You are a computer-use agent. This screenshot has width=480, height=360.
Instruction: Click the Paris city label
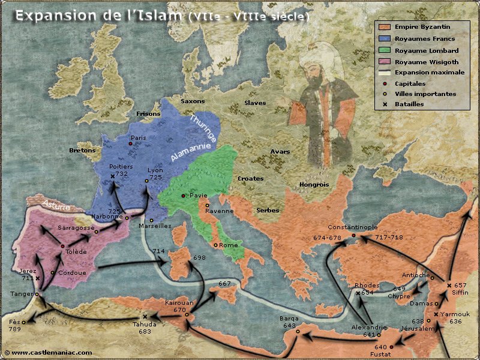pos(139,137)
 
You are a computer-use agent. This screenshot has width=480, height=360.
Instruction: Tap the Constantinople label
pos(352,227)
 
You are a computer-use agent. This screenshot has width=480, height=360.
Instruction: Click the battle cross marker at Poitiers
pos(113,176)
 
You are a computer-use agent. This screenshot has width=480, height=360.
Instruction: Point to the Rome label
pos(228,245)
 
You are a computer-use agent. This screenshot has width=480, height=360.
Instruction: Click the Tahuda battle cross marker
pos(145,316)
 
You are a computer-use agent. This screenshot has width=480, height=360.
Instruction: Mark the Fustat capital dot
pos(391,347)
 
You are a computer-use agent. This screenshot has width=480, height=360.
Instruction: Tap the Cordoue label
pos(70,272)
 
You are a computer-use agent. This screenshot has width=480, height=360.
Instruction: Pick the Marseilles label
pos(155,226)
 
